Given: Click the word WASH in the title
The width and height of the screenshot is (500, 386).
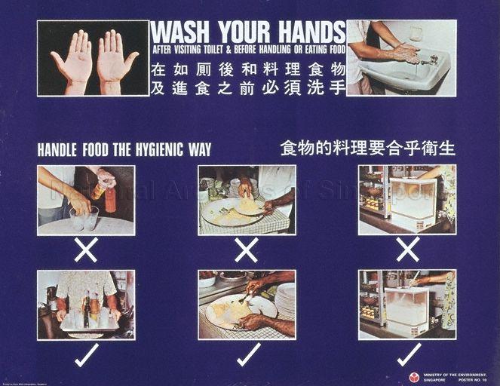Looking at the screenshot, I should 180,32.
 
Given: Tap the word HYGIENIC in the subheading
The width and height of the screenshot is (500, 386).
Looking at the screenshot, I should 160,149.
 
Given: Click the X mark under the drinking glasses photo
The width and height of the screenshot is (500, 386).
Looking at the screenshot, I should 86,249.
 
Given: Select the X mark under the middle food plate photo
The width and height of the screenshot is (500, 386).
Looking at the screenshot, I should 246,249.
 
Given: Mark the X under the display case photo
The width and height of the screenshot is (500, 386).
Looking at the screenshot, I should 407,249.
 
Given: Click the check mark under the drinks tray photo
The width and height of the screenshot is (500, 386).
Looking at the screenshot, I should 86,354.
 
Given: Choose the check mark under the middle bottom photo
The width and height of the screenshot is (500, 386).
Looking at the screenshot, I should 248,354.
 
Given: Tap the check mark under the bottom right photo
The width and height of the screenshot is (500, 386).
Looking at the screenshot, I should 409,354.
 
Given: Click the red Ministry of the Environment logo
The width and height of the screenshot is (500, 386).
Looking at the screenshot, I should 414,376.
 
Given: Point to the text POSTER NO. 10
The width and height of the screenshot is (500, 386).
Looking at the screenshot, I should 471,379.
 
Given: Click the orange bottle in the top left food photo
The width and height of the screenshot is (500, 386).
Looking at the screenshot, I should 111,200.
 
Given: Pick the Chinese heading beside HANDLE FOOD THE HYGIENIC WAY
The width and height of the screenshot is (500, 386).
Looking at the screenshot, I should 367,147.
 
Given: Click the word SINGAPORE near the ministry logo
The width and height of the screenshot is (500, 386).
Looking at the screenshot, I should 436,379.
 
